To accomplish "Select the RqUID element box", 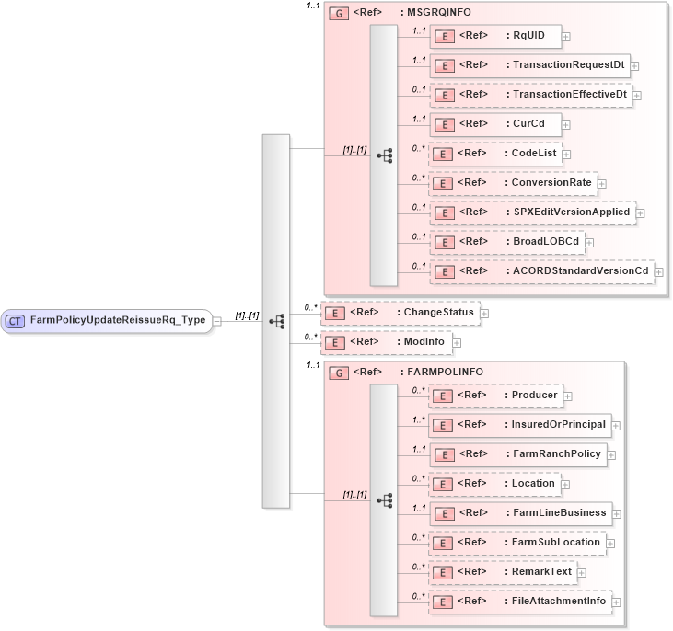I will [x=495, y=36].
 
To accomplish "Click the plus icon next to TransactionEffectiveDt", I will [x=637, y=95].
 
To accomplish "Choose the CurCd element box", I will [x=495, y=123].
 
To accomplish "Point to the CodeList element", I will [x=498, y=153].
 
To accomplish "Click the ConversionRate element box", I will [x=513, y=183].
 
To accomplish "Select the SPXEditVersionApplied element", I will [x=532, y=212].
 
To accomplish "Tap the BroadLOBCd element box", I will [x=507, y=242].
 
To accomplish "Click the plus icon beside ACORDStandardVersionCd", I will [x=658, y=271].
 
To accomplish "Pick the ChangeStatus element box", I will [x=400, y=313].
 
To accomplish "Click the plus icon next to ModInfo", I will [x=456, y=342].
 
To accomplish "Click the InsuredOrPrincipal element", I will [x=520, y=425].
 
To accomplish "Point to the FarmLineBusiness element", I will [x=520, y=513].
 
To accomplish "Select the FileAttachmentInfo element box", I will [x=520, y=602].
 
